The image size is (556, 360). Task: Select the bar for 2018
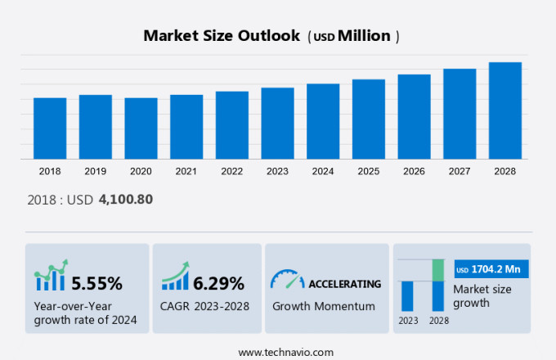point(50,128)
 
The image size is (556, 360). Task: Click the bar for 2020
point(141,128)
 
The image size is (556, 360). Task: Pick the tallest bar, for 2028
point(504,110)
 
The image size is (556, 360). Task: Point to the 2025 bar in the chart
point(368,119)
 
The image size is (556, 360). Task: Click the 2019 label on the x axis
point(95,171)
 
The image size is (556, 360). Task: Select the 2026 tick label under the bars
point(414,171)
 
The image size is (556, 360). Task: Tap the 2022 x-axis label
point(231,171)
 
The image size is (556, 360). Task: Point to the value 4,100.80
point(125,199)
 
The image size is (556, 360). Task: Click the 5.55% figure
point(97,284)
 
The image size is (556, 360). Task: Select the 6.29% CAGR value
point(219,284)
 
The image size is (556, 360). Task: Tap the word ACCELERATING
point(344,284)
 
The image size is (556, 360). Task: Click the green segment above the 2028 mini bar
point(437,270)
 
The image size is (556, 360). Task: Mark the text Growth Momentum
point(324,306)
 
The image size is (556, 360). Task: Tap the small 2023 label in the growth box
point(407,320)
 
